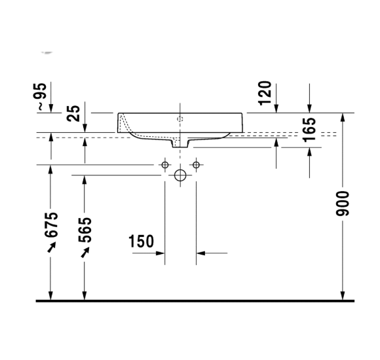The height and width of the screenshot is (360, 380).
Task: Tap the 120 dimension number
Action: point(265,93)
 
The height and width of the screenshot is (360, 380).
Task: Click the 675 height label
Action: point(52,225)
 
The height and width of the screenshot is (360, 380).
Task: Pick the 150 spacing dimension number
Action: point(142,242)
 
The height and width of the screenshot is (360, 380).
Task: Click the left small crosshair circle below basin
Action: point(165,164)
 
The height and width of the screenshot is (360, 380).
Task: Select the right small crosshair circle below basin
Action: point(195,164)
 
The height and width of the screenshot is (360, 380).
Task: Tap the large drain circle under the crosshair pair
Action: point(180,175)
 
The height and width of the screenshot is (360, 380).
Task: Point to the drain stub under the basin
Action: point(180,142)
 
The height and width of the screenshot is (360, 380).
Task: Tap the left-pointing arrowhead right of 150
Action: point(200,252)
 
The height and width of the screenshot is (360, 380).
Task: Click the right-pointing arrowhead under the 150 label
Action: point(160,252)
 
